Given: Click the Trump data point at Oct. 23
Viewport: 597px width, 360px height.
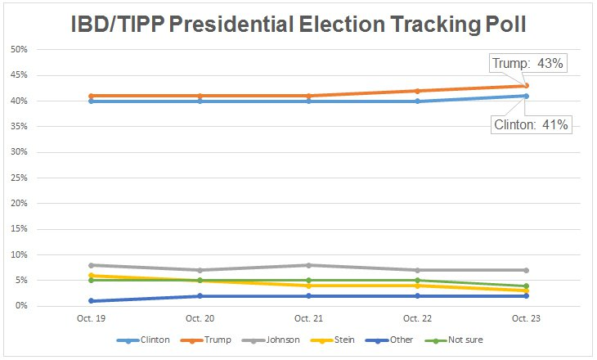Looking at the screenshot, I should (x=527, y=86).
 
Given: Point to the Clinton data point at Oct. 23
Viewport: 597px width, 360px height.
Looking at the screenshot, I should (x=527, y=96).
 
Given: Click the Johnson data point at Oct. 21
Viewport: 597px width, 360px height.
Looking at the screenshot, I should (x=307, y=265).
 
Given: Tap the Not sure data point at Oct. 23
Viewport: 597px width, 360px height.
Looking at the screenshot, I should (x=527, y=286).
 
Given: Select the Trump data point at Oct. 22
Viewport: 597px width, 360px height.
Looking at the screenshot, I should (x=417, y=91).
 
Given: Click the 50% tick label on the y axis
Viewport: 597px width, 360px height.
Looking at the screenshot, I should (x=19, y=50).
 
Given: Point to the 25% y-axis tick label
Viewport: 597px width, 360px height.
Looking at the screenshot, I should (x=19, y=178).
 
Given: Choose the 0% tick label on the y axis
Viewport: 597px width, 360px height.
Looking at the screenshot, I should (x=21, y=306).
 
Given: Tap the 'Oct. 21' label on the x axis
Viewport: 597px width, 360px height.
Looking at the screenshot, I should (x=307, y=318).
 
